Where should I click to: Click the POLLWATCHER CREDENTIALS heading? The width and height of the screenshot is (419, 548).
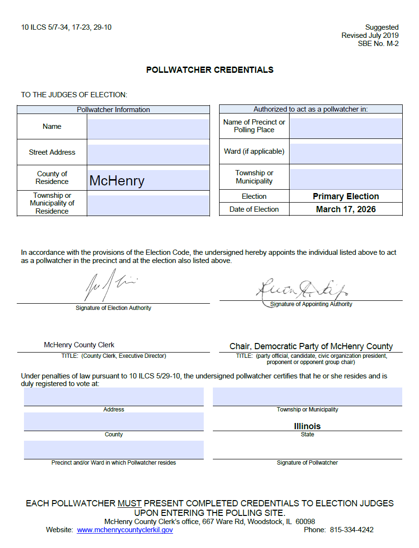(x=209, y=70)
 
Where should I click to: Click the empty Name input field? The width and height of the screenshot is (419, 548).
(x=148, y=128)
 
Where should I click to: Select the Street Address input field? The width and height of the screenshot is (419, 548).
(x=148, y=154)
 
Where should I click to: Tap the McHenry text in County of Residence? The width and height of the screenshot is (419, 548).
(x=117, y=181)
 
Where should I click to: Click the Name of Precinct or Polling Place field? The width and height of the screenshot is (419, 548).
(x=346, y=128)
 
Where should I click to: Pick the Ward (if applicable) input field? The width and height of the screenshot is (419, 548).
(x=346, y=153)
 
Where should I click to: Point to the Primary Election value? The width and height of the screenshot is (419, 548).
(x=346, y=196)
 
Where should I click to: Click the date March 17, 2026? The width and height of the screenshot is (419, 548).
(x=346, y=209)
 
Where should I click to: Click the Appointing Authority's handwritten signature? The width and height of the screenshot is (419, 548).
(x=303, y=289)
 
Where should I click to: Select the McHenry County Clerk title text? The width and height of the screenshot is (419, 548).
(x=79, y=345)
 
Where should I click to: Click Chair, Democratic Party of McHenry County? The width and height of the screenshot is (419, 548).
(x=311, y=346)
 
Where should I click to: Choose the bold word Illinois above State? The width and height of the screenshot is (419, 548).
(x=307, y=426)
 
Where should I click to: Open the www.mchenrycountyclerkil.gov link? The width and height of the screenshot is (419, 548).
(x=125, y=530)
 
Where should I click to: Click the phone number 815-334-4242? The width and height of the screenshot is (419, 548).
(x=351, y=530)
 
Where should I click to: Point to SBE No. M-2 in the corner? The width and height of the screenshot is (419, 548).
(x=378, y=44)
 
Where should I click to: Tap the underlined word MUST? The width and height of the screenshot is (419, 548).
(x=129, y=503)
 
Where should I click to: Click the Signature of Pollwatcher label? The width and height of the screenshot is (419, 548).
(x=307, y=463)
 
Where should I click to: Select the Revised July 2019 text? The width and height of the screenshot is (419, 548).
(x=370, y=35)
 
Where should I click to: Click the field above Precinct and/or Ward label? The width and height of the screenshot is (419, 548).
(x=114, y=449)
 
